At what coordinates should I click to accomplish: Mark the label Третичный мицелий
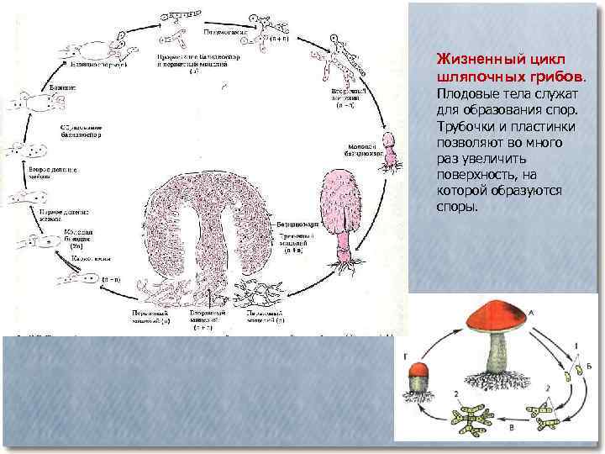point(297,243)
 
